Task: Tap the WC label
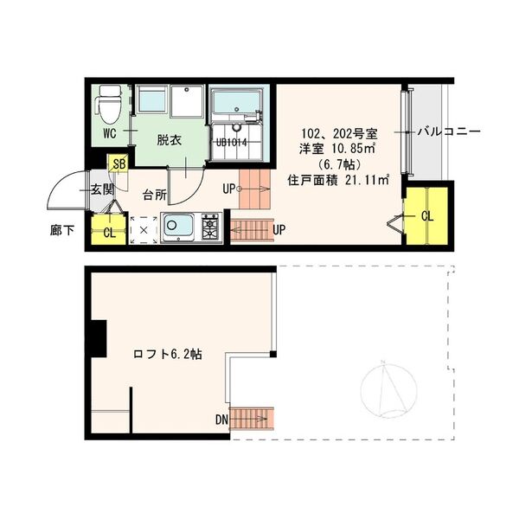click(109, 133)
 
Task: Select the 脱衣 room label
click(169, 139)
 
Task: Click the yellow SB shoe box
click(118, 163)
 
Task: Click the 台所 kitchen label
click(155, 195)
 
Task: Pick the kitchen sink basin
click(179, 227)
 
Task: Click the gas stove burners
click(211, 227)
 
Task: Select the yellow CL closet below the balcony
click(426, 215)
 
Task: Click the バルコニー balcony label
click(449, 132)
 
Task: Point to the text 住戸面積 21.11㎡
click(338, 180)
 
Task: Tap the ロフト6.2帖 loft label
click(168, 354)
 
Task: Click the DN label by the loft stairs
click(222, 420)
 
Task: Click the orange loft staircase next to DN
click(253, 418)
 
